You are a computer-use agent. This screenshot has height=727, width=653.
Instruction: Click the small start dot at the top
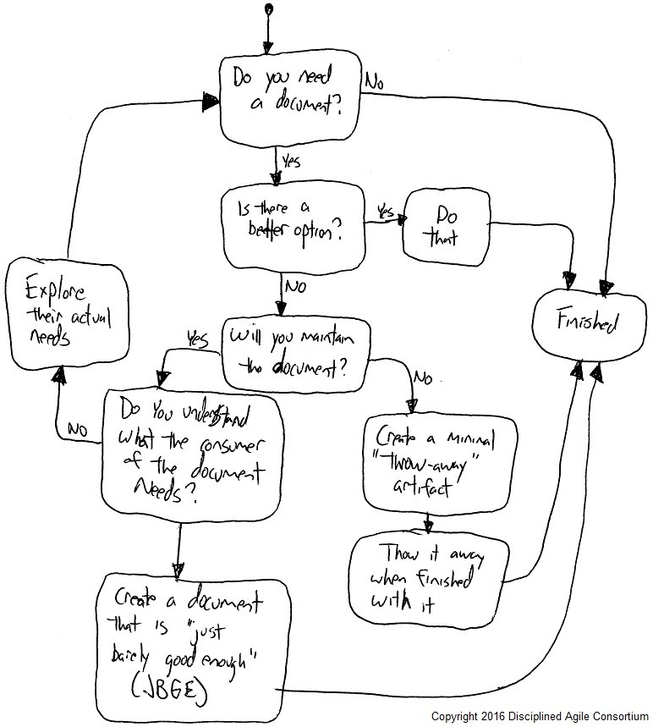tap(269, 9)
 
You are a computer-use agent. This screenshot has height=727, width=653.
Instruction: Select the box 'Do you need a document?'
tap(288, 99)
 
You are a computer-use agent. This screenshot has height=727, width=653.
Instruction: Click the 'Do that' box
tap(446, 226)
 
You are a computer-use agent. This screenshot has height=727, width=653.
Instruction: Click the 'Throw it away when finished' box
tap(428, 576)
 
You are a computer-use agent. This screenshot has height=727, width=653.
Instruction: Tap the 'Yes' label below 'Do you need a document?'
tap(289, 160)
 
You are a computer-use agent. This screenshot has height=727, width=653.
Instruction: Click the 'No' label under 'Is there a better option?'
tap(294, 287)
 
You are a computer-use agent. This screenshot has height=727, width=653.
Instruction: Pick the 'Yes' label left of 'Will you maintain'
tap(197, 339)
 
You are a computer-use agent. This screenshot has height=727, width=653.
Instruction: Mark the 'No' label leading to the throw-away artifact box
tap(422, 374)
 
